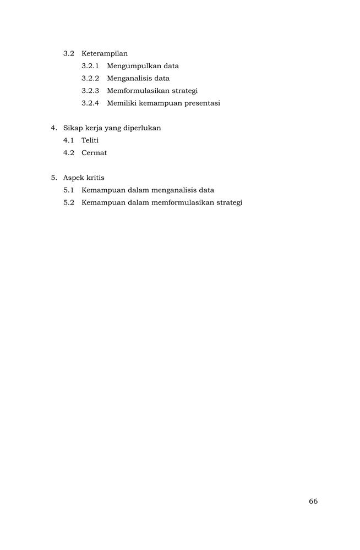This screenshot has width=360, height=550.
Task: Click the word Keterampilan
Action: pos(105,53)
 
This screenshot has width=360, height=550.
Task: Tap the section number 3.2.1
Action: pos(90,66)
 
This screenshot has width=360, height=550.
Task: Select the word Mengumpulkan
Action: pos(130,66)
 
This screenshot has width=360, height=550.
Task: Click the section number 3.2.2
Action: pos(90,78)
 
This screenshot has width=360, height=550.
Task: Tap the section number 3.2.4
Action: pos(90,103)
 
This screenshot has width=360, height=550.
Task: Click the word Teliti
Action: pos(90,140)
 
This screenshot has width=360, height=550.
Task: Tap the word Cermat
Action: pos(94,153)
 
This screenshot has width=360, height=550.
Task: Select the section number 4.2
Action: pos(69,153)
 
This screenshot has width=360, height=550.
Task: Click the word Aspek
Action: pos(74,178)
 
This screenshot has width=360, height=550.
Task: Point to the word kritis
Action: pos(96,178)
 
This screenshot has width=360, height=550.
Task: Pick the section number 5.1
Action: pos(69,190)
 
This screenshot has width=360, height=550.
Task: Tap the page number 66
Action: pos(313,501)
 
